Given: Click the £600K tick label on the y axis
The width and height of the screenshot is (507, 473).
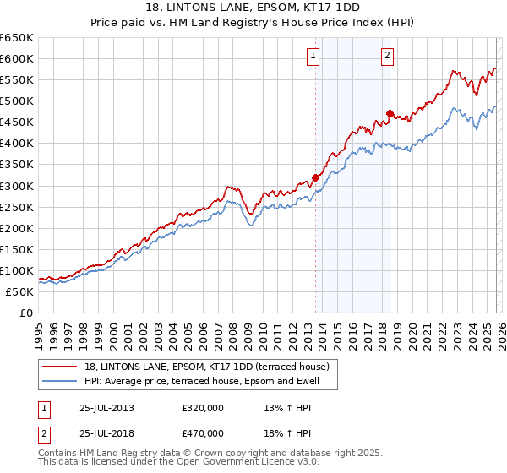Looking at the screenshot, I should pyautogui.click(x=17, y=59).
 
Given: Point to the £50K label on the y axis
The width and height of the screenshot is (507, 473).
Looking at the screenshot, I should pyautogui.click(x=20, y=291).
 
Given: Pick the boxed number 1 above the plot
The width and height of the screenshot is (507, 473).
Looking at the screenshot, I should pyautogui.click(x=313, y=57).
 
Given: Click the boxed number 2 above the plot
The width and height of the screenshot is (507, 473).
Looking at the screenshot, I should pyautogui.click(x=387, y=57).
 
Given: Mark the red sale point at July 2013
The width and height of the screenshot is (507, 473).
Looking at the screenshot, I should pyautogui.click(x=315, y=177).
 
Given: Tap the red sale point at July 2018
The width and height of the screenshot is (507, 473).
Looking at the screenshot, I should pyautogui.click(x=390, y=113).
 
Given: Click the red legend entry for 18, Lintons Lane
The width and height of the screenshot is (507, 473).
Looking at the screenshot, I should pyautogui.click(x=211, y=366).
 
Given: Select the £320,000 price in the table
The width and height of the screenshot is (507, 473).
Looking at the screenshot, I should pyautogui.click(x=203, y=408).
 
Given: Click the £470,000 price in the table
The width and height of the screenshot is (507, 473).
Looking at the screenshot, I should pyautogui.click(x=203, y=432).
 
